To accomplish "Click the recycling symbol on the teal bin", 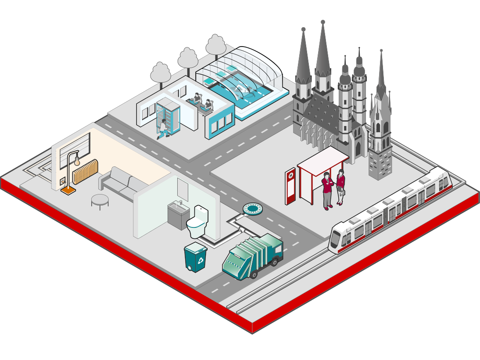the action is click(201, 261).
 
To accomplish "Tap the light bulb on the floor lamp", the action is click(77, 161).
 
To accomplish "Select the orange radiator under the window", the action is click(85, 172).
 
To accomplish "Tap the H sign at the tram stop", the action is click(290, 176).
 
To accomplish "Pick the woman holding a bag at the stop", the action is click(340, 187).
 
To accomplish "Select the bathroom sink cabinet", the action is click(179, 215).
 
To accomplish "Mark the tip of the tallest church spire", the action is click(322, 22).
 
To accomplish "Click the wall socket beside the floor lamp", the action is click(63, 181).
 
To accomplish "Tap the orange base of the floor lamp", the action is click(68, 191).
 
